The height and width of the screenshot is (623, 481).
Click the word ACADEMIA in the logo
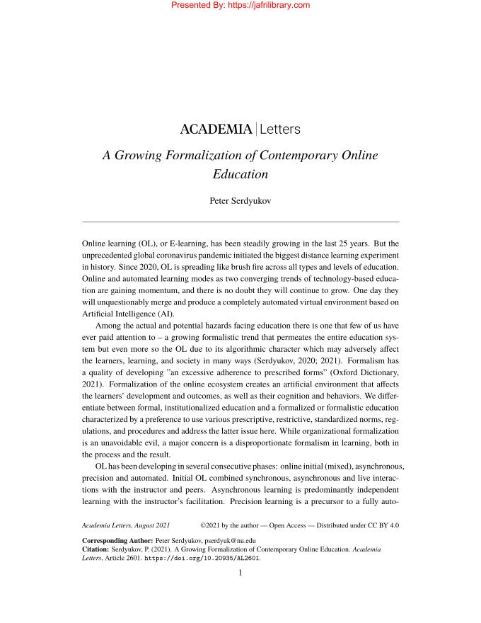[x=216, y=130]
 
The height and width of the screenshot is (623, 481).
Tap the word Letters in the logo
[x=281, y=130]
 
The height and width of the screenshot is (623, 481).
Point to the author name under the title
[x=240, y=200]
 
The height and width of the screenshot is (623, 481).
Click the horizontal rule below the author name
[x=240, y=222]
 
